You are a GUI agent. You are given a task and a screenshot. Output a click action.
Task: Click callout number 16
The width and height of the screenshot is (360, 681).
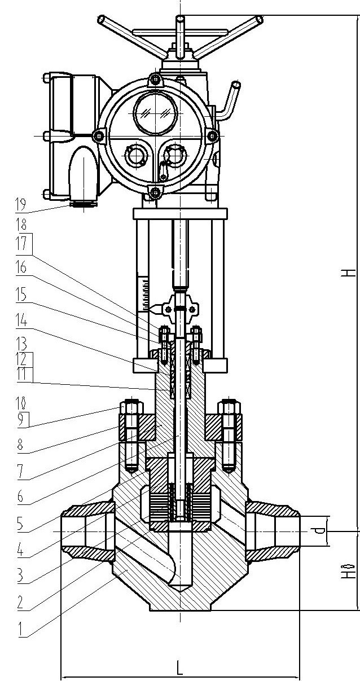(x=22, y=266)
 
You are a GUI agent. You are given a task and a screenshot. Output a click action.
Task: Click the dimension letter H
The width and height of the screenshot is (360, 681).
(x=350, y=273)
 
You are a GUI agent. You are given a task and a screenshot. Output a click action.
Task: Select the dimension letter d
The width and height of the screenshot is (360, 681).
(x=319, y=530)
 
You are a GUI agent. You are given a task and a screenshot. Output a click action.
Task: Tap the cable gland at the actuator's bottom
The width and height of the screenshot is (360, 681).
(x=82, y=203)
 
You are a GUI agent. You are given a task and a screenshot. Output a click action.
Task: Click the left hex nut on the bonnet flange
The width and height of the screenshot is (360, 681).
(x=130, y=408)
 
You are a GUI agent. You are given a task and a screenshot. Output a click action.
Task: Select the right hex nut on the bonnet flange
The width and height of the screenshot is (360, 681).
(x=230, y=408)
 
